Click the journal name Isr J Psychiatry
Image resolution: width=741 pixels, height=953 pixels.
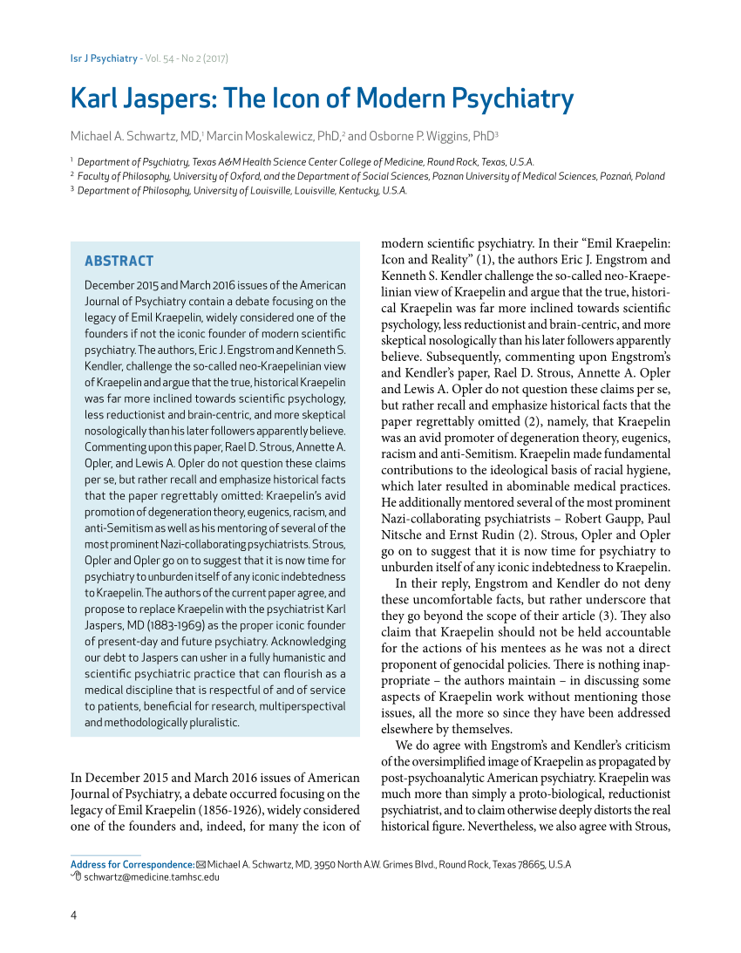104,58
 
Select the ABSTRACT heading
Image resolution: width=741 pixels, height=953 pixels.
119,261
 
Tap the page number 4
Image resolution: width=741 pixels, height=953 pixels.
73,915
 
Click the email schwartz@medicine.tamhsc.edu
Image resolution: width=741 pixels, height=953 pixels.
152,877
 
